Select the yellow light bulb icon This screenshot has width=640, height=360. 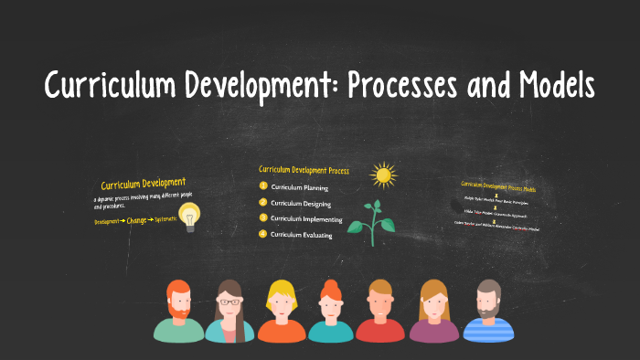coord(189,217)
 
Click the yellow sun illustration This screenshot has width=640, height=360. coord(382,174)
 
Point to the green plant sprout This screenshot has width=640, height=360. coord(377,219)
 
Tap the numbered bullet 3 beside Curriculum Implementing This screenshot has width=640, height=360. coord(263,218)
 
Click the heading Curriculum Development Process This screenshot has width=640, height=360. coord(303,169)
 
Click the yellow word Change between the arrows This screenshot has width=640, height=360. coord(138,220)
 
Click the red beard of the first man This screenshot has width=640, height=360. coord(179,312)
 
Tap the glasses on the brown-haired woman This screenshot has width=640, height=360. coord(229,302)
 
